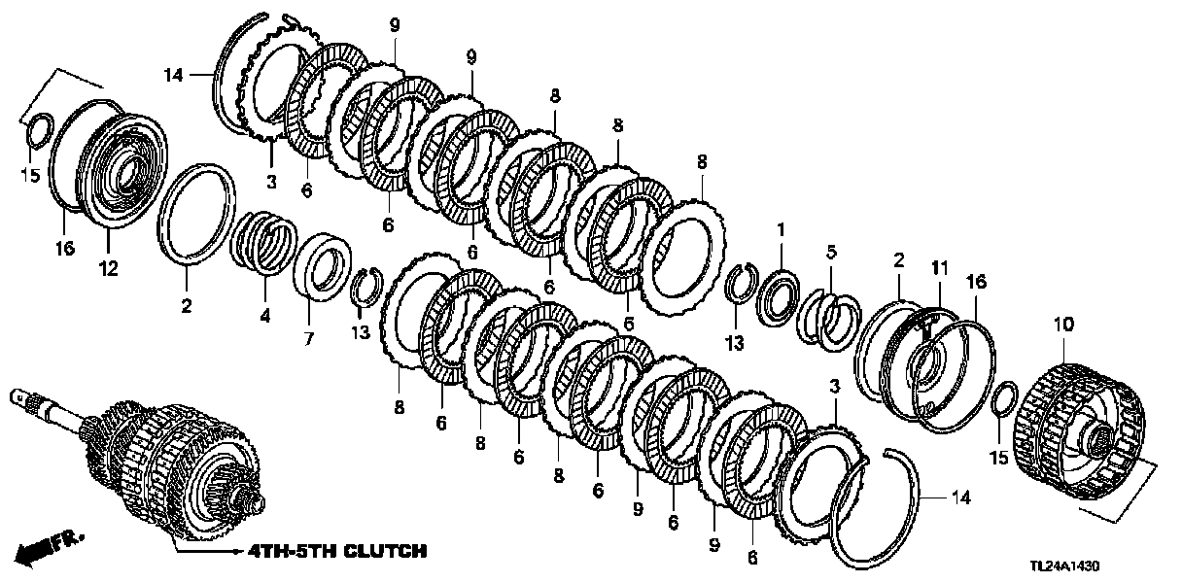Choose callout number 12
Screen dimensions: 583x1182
click(108, 269)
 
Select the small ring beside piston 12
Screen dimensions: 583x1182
click(36, 131)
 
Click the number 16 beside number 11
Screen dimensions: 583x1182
click(975, 282)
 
